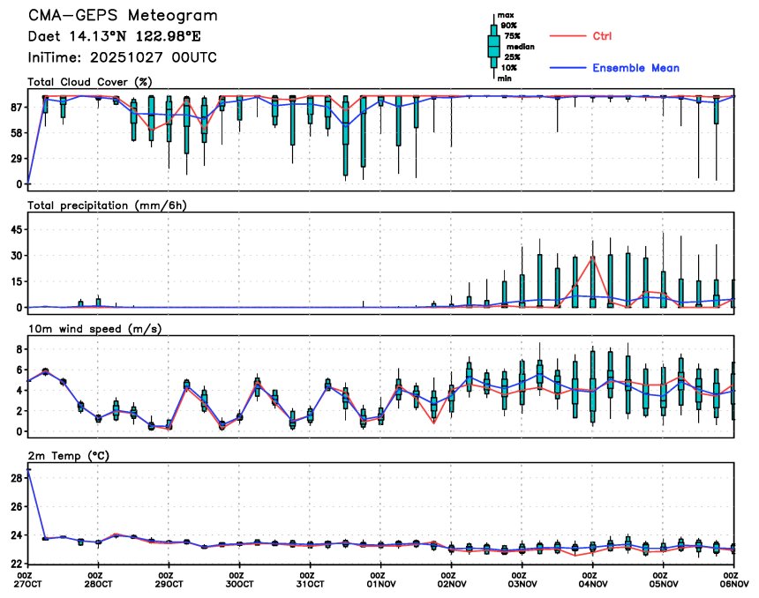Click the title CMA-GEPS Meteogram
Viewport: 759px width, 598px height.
coord(122,16)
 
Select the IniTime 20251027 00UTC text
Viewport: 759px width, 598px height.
coord(122,57)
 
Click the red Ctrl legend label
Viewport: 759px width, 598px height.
coord(601,36)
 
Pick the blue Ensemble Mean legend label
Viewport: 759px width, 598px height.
coord(635,68)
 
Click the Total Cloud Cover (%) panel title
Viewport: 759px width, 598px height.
coord(90,82)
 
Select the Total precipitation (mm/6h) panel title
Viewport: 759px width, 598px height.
coord(108,206)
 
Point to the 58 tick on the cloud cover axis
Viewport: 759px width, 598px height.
coord(16,133)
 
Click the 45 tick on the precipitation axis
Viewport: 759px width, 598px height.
coord(16,229)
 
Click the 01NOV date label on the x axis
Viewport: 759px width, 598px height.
coord(381,583)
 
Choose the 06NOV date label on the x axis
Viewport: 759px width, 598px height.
coord(734,583)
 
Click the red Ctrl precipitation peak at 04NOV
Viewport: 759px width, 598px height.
coord(593,258)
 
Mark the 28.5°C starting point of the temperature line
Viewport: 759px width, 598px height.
coord(28,470)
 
